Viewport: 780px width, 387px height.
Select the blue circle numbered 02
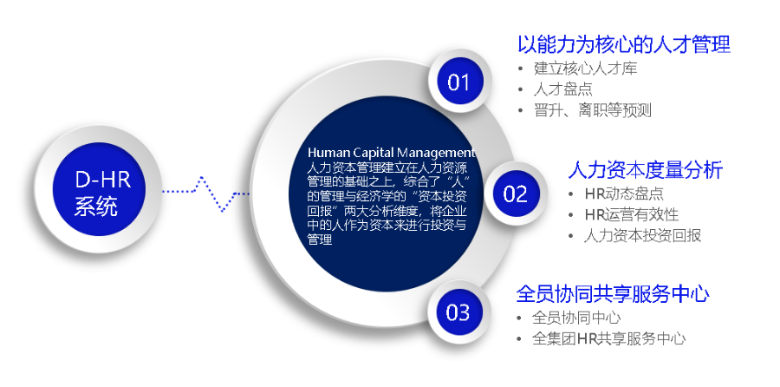click(515, 193)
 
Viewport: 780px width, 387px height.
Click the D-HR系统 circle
click(104, 193)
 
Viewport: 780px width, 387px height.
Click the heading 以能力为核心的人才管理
click(623, 43)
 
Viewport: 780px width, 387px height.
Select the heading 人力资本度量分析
click(645, 168)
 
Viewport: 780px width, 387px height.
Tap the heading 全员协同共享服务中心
click(612, 293)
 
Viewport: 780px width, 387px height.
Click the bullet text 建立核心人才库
click(585, 69)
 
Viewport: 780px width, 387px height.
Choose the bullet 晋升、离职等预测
click(592, 110)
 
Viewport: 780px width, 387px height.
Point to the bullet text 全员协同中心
click(576, 318)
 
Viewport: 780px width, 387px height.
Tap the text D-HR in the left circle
click(103, 180)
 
